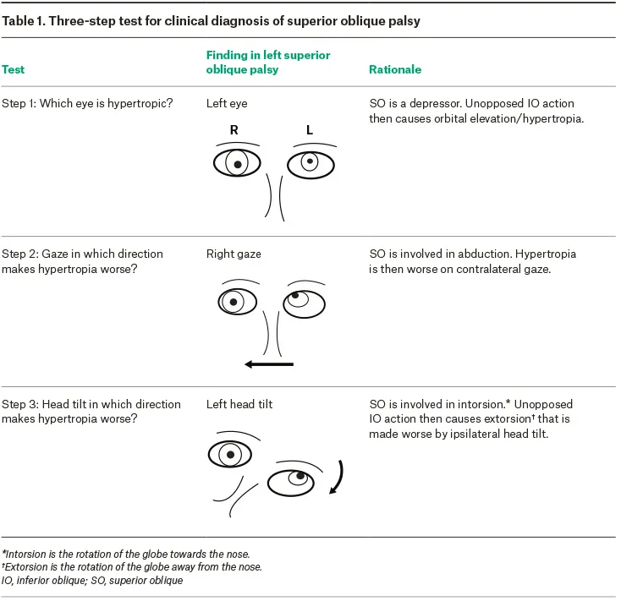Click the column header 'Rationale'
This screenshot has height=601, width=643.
(395, 69)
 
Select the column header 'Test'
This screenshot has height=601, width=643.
(13, 69)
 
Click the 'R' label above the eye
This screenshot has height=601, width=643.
(234, 131)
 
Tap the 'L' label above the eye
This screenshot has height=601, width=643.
(310, 131)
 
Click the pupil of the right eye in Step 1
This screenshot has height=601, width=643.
(238, 163)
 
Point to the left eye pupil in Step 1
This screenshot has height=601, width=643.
(311, 161)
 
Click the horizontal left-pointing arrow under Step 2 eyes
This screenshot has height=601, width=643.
(268, 364)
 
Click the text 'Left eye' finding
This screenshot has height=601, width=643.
(227, 104)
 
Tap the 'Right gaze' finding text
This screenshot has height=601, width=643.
(234, 254)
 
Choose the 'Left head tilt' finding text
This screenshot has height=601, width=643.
(239, 404)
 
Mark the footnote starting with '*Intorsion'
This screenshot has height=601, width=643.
(124, 553)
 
